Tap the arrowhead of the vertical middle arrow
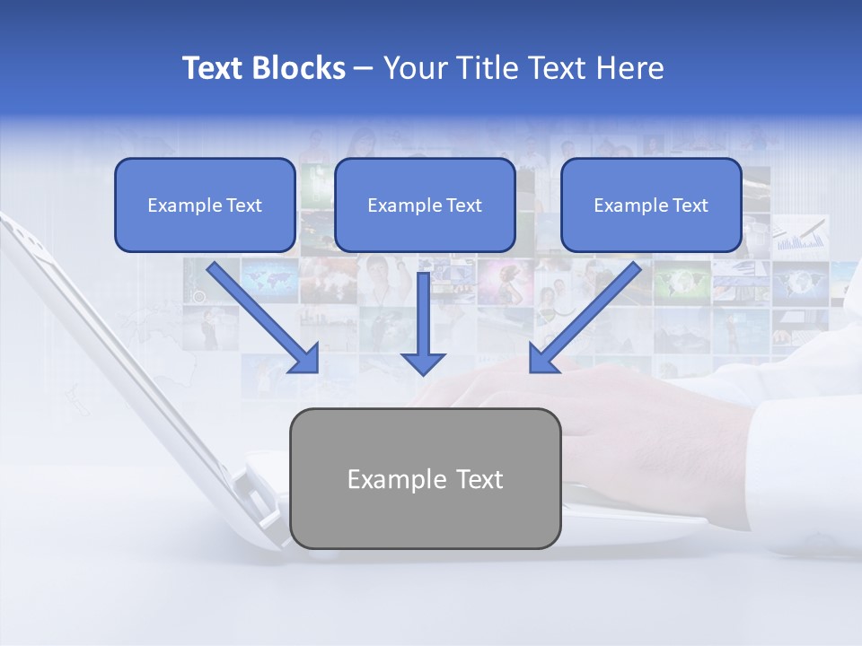pyautogui.click(x=423, y=363)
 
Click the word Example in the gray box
pyautogui.click(x=384, y=479)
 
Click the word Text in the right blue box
pyautogui.click(x=690, y=205)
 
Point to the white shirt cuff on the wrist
pyautogui.click(x=790, y=449)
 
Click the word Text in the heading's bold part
pyautogui.click(x=215, y=68)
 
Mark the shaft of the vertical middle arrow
pyautogui.click(x=423, y=310)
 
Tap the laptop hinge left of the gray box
pyautogui.click(x=256, y=489)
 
